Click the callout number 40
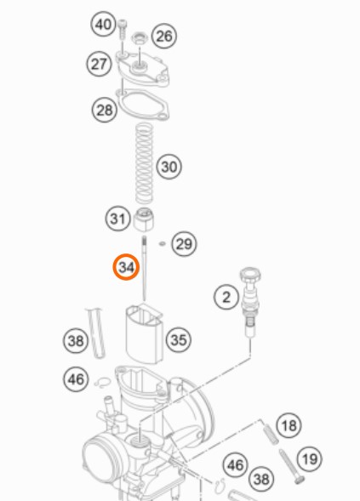(104, 24)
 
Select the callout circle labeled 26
(164, 36)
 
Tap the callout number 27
(99, 64)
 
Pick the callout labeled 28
(105, 110)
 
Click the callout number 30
(169, 167)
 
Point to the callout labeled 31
(117, 219)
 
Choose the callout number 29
(185, 244)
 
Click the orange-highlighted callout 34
(126, 267)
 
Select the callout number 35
(179, 339)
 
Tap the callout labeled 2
(226, 297)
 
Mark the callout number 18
(289, 425)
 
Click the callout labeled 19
(310, 459)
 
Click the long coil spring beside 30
(144, 163)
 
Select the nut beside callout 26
(140, 38)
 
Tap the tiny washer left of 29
(163, 244)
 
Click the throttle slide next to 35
(144, 333)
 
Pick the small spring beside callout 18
(271, 434)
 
